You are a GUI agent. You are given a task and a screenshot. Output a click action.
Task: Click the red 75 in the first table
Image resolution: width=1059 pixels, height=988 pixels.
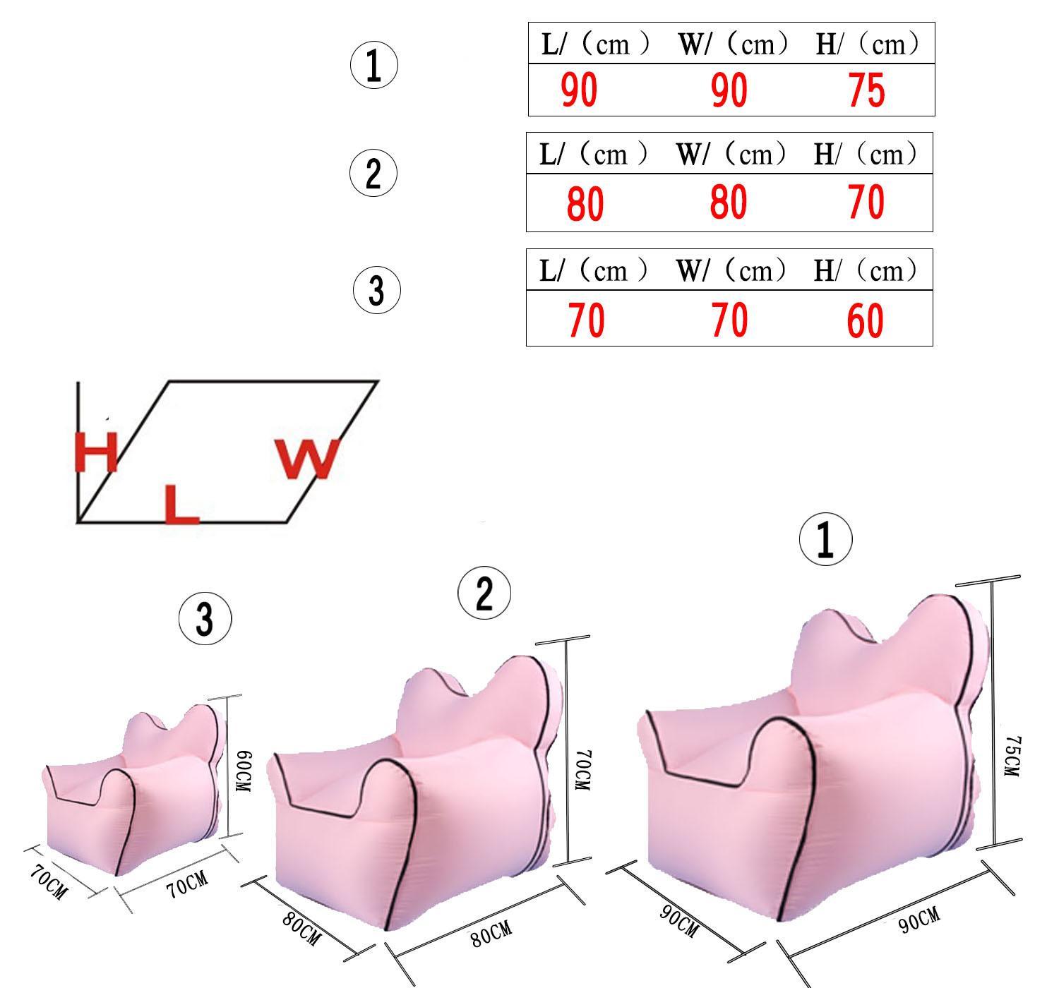pyautogui.click(x=866, y=90)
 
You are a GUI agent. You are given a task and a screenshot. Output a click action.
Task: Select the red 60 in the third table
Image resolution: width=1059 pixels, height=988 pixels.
pyautogui.click(x=865, y=321)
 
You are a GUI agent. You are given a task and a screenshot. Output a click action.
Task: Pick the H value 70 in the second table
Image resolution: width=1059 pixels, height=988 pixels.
pyautogui.click(x=866, y=202)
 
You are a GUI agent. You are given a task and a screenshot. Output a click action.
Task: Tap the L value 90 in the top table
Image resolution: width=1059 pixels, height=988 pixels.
pyautogui.click(x=579, y=90)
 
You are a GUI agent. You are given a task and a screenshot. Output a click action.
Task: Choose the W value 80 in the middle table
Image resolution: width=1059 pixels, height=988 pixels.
pyautogui.click(x=729, y=202)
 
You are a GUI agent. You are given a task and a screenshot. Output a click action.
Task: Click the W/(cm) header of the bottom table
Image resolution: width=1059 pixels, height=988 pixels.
pyautogui.click(x=731, y=270)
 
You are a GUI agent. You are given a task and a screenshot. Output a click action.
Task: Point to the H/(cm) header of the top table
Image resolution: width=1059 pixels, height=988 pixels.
pyautogui.click(x=868, y=44)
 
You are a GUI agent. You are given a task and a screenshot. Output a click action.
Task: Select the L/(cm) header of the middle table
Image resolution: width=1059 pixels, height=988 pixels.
pyautogui.click(x=594, y=154)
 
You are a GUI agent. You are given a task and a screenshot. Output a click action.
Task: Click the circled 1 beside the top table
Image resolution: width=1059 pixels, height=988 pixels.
pyautogui.click(x=373, y=65)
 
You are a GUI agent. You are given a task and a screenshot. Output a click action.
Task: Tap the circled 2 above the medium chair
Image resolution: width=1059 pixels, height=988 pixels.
pyautogui.click(x=484, y=593)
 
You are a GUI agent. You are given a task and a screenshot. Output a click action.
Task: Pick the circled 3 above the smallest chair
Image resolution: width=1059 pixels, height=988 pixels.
pyautogui.click(x=205, y=619)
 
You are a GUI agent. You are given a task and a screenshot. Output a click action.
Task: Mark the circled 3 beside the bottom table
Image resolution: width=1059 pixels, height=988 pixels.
pyautogui.click(x=377, y=290)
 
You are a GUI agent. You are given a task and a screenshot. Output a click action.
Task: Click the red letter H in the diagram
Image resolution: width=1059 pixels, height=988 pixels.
pyautogui.click(x=96, y=451)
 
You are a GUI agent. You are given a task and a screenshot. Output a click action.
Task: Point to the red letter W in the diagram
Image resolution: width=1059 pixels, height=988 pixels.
pyautogui.click(x=307, y=458)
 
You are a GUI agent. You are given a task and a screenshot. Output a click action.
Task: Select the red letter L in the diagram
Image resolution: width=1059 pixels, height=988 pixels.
pyautogui.click(x=181, y=504)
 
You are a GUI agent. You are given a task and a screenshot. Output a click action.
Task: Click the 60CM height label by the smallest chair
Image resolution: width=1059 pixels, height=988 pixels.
pyautogui.click(x=243, y=771)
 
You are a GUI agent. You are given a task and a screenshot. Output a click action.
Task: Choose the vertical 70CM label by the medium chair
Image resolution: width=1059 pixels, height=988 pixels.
pyautogui.click(x=583, y=770)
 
